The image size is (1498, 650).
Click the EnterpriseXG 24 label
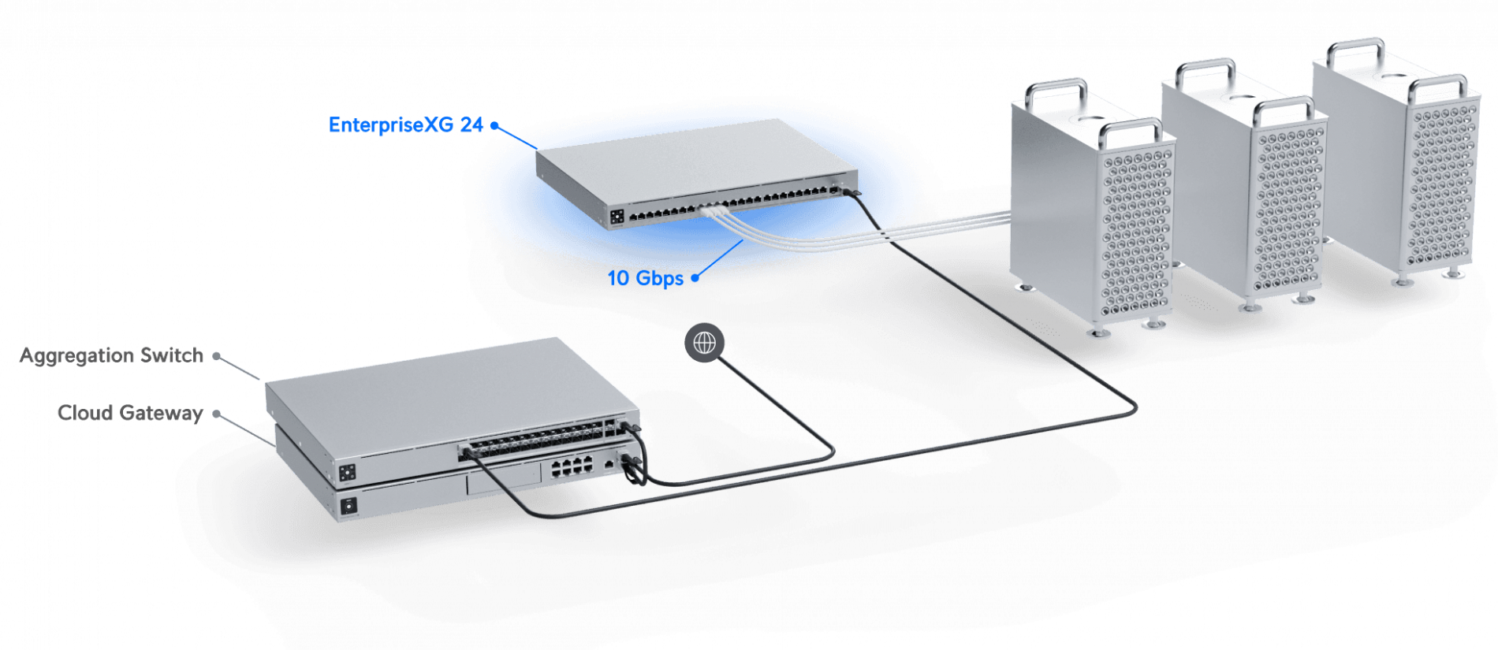pos(405,125)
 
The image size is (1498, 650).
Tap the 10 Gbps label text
pos(645,278)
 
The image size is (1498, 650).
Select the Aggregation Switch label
pos(111,355)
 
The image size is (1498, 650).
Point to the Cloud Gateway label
pos(130,413)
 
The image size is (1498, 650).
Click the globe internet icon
pos(704,343)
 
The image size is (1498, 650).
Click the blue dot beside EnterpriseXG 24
pos(494,125)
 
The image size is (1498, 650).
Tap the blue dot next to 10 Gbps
pos(695,277)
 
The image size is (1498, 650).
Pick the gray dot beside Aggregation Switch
pos(216,356)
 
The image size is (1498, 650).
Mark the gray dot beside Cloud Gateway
pos(216,414)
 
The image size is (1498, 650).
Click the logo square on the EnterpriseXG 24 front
pos(617,216)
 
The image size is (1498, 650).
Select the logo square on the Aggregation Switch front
pos(347,473)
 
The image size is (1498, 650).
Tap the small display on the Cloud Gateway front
pos(348,506)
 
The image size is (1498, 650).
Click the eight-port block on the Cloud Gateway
pos(572,467)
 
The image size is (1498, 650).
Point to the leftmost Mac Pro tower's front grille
pos(1136,232)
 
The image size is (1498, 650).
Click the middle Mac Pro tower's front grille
pos(1288,210)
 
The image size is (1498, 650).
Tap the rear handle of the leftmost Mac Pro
pos(1056,91)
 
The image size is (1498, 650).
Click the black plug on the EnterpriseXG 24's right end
pos(851,192)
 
